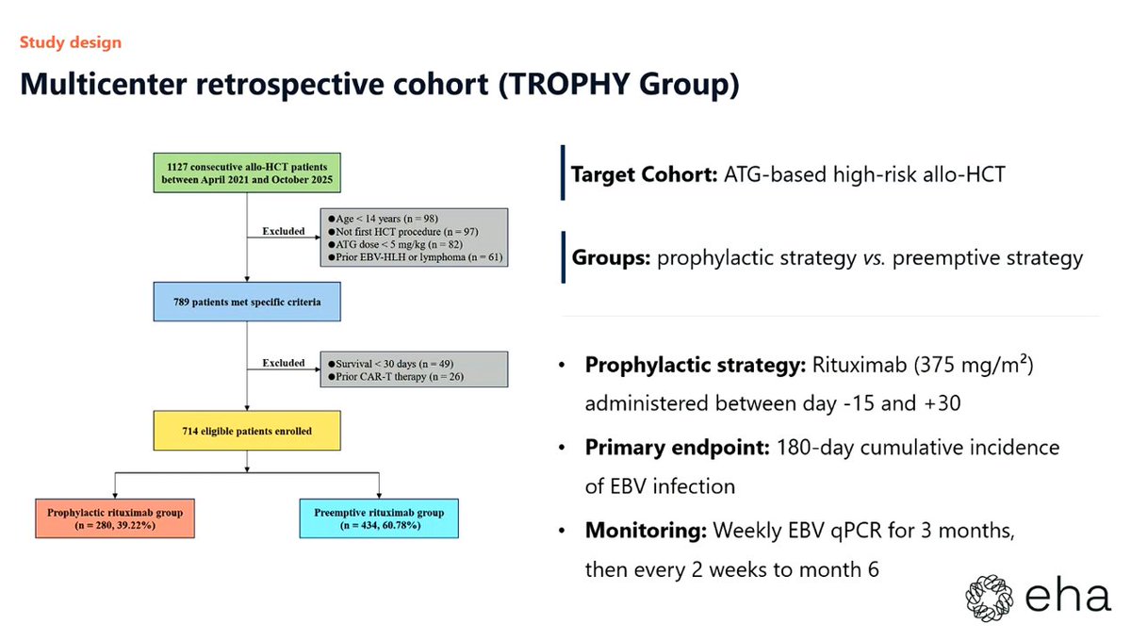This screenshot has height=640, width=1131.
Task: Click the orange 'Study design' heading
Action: [71, 42]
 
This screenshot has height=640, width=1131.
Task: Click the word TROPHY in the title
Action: [569, 84]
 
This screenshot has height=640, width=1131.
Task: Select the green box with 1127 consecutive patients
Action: [247, 172]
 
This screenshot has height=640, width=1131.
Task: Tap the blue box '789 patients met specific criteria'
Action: [247, 302]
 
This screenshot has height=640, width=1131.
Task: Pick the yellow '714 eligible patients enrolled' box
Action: [247, 431]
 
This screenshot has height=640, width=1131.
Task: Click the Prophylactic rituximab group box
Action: [115, 518]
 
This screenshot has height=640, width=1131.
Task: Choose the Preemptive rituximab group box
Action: [379, 518]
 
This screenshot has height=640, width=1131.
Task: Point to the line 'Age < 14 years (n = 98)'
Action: [384, 219]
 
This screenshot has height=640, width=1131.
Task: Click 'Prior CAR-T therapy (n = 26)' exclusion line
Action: [396, 377]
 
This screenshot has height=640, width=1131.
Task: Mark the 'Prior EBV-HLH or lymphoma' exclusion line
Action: [416, 257]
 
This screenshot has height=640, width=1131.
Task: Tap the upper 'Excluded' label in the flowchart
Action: [284, 231]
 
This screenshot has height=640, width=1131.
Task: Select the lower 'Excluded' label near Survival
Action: [284, 363]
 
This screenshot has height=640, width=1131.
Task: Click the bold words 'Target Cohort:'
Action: [645, 174]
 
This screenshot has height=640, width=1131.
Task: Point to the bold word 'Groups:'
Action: [611, 258]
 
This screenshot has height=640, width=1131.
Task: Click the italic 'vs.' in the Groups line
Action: [874, 258]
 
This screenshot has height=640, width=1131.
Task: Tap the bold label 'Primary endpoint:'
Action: [677, 448]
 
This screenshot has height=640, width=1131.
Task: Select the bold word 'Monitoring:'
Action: [646, 531]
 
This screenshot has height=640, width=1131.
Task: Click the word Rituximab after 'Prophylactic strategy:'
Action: [860, 365]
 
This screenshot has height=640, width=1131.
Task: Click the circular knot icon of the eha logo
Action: [989, 599]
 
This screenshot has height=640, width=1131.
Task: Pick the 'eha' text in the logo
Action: [1068, 597]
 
